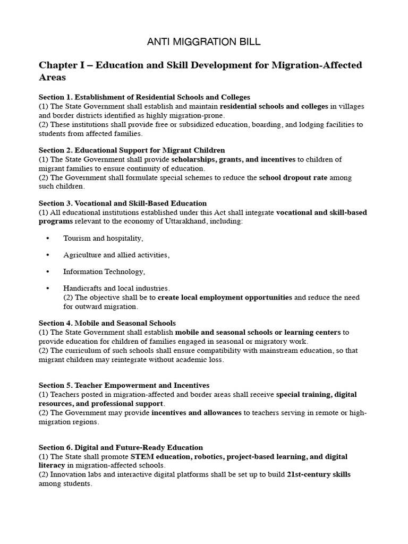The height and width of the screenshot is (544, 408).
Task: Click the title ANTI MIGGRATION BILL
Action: (x=203, y=41)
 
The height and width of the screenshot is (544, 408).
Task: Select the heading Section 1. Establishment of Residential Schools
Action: (x=144, y=97)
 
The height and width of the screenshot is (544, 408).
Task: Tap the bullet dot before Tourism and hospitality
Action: (x=48, y=239)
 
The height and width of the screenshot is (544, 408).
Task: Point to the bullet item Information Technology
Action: (x=104, y=271)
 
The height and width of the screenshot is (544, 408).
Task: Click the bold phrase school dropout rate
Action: (x=293, y=177)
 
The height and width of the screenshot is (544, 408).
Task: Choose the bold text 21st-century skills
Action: (x=318, y=474)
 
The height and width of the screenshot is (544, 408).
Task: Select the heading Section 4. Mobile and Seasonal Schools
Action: (x=107, y=323)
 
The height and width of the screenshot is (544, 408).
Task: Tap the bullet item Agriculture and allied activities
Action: (x=116, y=255)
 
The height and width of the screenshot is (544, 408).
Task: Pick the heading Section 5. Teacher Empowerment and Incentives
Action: (x=124, y=385)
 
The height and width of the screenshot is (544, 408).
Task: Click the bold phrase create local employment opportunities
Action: (x=225, y=297)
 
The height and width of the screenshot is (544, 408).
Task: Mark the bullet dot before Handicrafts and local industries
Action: (x=48, y=288)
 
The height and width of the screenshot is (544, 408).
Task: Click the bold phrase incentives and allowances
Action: (x=197, y=413)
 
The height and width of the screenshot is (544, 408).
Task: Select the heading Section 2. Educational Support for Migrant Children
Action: (x=132, y=150)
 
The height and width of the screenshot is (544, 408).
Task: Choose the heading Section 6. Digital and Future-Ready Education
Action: (x=121, y=448)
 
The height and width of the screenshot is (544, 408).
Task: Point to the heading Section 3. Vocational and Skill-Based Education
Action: (x=123, y=203)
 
